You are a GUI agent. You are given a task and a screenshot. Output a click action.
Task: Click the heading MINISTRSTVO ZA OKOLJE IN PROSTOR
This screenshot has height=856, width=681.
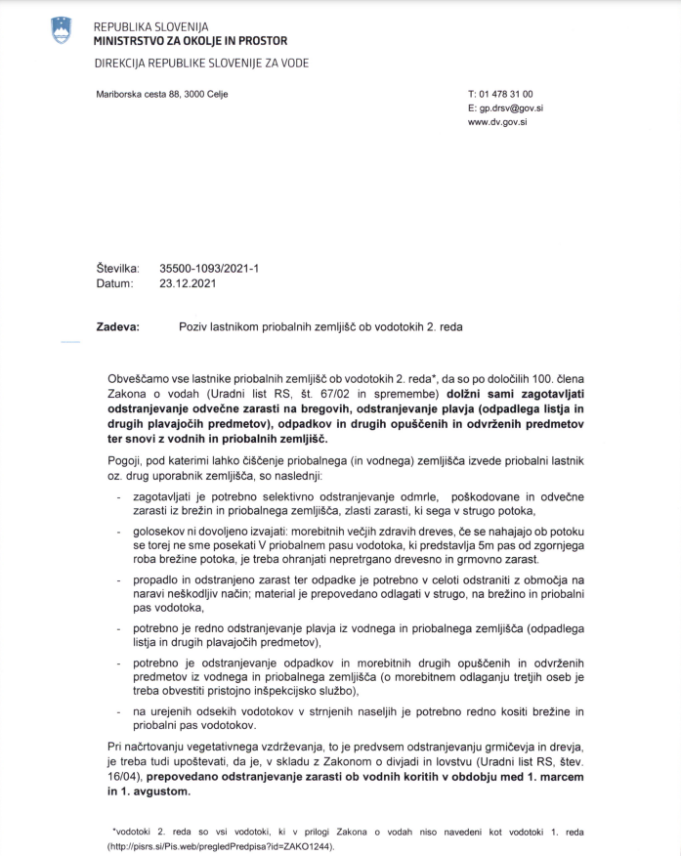point(191,42)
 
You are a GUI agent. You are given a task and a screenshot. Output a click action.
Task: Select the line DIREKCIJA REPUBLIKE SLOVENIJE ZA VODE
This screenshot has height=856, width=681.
point(201,64)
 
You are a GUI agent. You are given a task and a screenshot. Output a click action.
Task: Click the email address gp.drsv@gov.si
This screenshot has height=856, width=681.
point(515,108)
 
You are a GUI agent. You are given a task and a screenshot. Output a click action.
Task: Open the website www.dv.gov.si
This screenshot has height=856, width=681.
point(498,123)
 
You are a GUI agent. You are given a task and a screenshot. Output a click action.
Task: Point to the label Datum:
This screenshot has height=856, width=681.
point(114,283)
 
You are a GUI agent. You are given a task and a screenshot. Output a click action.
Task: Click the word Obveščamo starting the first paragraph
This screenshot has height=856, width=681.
point(143,377)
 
